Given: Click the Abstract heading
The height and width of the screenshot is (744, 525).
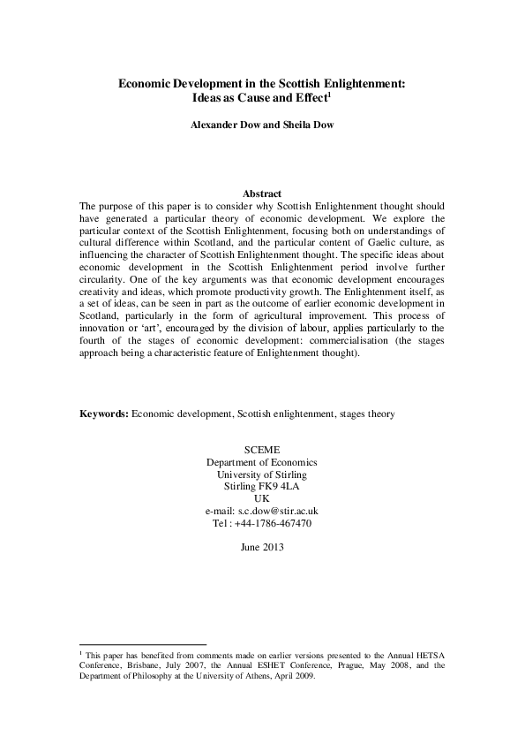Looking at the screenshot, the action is click(261, 194).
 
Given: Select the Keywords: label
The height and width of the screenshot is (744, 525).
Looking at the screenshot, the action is click(103, 413).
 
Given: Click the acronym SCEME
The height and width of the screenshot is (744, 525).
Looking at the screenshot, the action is click(262, 450).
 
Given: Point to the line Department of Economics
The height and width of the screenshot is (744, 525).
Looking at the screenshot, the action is click(262, 462).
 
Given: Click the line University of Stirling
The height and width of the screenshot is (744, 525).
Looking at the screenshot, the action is click(262, 474).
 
